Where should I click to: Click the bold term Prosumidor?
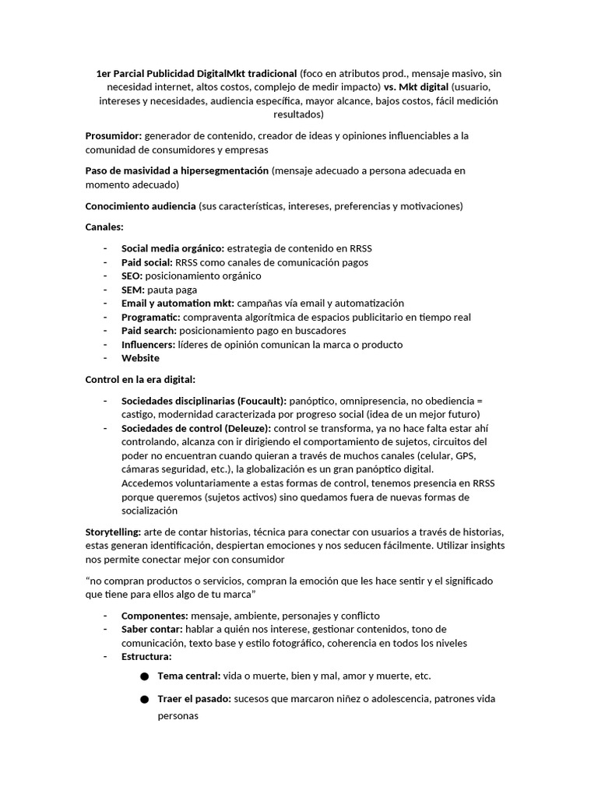pyautogui.click(x=113, y=136)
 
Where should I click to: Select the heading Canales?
pyautogui.click(x=104, y=227)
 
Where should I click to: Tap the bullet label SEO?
pyautogui.click(x=132, y=276)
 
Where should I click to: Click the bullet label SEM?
pyautogui.click(x=133, y=290)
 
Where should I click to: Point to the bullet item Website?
pyautogui.click(x=140, y=358)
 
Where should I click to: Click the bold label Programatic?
pyautogui.click(x=151, y=318)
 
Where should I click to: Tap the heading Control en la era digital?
pyautogui.click(x=140, y=380)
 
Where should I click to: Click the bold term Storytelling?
pyautogui.click(x=113, y=532)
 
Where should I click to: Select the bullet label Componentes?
pyautogui.click(x=154, y=616)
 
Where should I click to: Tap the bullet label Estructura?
pyautogui.click(x=147, y=657)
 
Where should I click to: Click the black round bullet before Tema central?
pyautogui.click(x=144, y=677)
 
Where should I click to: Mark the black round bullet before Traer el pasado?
pyautogui.click(x=144, y=700)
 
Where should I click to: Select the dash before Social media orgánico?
pyautogui.click(x=105, y=249)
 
